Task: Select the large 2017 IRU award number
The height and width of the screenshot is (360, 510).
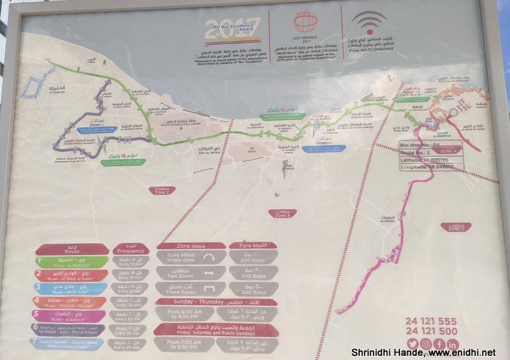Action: tap(237, 29)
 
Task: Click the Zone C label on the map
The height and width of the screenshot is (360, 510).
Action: tap(164, 190)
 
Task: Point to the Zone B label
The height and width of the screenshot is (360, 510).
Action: tap(282, 214)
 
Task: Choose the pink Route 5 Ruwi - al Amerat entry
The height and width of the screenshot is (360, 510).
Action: tap(72, 315)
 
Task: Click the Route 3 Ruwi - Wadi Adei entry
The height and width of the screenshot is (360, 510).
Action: tap(73, 288)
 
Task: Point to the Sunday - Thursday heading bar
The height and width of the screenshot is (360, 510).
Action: tap(218, 302)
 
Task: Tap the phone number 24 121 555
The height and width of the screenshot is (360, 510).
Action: tap(431, 321)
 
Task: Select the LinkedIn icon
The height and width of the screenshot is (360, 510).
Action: tap(453, 344)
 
